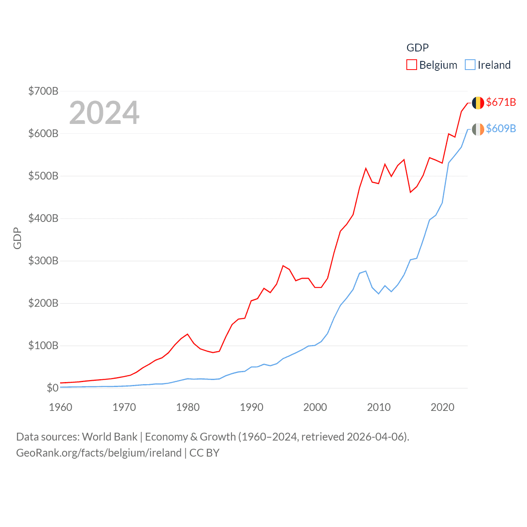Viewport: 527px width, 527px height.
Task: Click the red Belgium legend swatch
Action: [x=411, y=65]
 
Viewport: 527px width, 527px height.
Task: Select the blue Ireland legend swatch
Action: [x=470, y=65]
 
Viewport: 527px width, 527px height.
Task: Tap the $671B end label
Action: [x=501, y=102]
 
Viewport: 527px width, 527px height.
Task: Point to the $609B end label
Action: [x=501, y=128]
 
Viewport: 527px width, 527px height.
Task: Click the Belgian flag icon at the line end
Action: [x=478, y=103]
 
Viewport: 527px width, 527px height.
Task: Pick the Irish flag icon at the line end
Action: [x=478, y=129]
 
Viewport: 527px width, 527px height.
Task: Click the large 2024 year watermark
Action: [x=104, y=113]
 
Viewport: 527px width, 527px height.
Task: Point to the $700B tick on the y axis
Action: [x=43, y=91]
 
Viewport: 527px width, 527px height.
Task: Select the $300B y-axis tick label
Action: [x=43, y=261]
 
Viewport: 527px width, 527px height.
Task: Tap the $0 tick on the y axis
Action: [x=52, y=388]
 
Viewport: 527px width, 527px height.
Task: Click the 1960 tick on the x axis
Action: [x=61, y=407]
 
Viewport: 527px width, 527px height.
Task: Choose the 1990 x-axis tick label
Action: [x=252, y=407]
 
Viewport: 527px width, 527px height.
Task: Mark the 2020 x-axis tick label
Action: [x=442, y=407]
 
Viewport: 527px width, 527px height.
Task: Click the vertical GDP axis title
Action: [x=17, y=238]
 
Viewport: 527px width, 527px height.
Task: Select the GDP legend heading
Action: [x=417, y=48]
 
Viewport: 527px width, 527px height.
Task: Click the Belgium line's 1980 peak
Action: [x=187, y=334]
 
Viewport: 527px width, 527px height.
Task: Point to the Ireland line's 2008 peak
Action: [x=366, y=271]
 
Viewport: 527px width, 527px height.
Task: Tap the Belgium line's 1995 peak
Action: [x=283, y=266]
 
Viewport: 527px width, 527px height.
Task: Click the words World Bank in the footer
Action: [x=110, y=436]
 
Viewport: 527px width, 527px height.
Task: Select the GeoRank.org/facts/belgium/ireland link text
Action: [x=99, y=453]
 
